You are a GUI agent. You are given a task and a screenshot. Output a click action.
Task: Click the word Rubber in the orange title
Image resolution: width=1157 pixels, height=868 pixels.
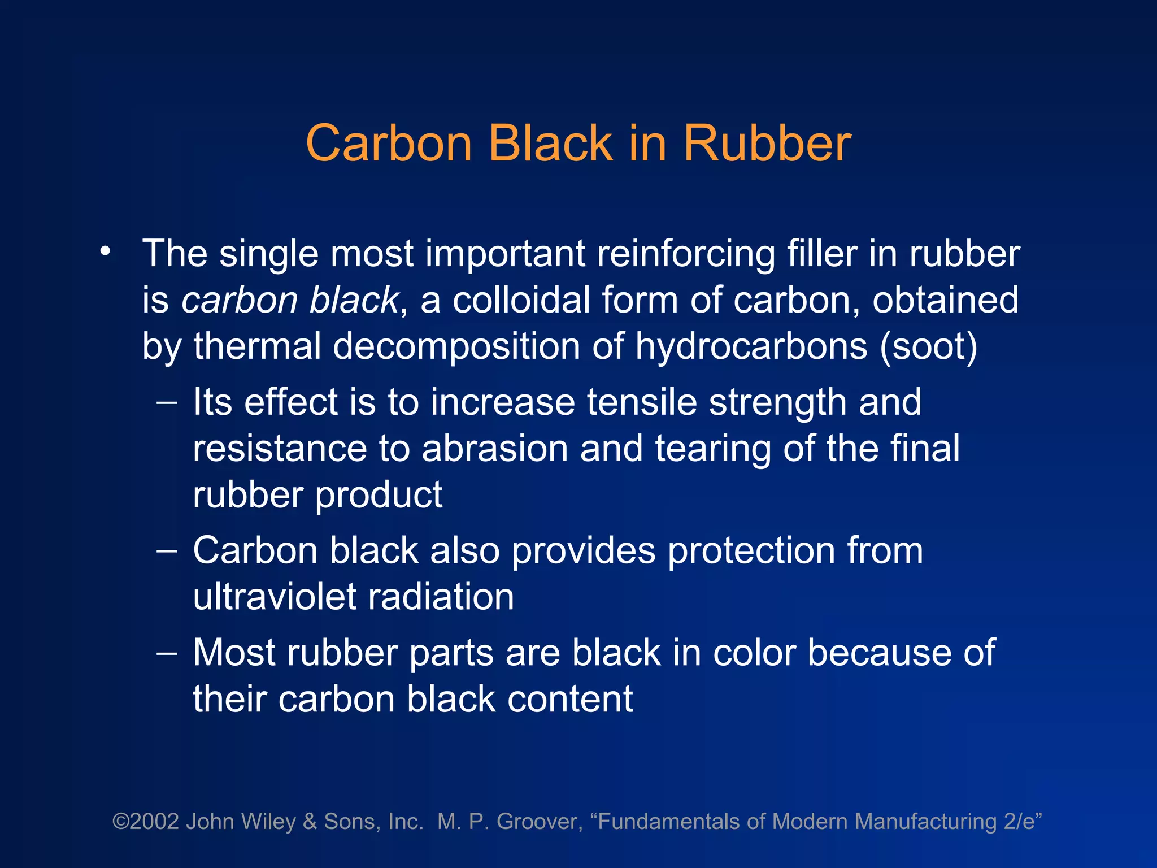pos(767,144)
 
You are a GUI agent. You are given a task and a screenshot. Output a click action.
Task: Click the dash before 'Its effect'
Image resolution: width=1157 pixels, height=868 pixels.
pos(167,402)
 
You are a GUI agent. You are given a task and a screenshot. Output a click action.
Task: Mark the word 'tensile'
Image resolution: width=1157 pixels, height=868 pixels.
pos(642,402)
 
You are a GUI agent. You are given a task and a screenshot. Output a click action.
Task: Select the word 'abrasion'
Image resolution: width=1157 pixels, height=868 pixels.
pos(495,449)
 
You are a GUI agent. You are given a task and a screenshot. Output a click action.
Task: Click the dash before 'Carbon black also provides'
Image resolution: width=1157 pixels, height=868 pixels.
pos(167,550)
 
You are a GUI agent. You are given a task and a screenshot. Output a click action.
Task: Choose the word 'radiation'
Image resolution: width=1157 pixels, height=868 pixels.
pos(441,597)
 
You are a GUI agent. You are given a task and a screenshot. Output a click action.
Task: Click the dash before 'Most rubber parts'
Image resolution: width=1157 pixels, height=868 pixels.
pos(167,653)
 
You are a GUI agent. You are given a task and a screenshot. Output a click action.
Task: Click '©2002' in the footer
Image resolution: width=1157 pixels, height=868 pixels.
pos(146,822)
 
